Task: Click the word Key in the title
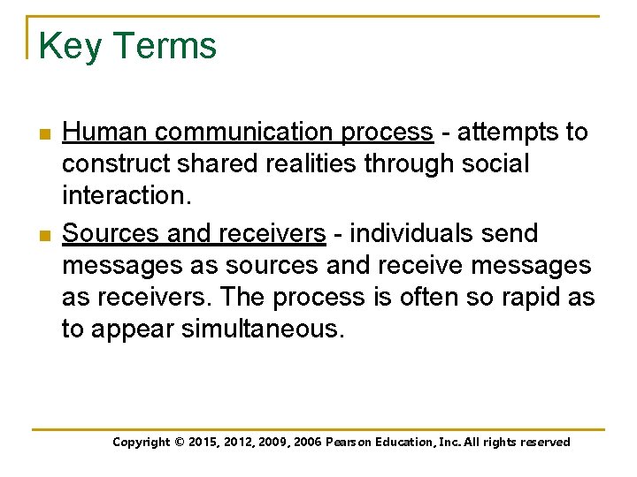coord(71,46)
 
